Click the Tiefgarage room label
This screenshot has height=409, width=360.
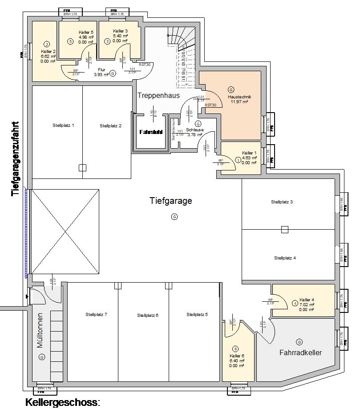tap(170, 201)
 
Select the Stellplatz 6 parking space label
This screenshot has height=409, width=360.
tap(148, 315)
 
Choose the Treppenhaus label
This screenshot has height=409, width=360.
tap(158, 95)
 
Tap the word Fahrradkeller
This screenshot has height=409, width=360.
tap(300, 352)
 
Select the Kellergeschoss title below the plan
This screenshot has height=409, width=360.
tap(62, 403)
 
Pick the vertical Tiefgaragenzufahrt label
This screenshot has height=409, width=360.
tap(16, 159)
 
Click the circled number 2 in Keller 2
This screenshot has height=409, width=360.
tap(46, 44)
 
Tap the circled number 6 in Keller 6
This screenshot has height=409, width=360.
tap(235, 348)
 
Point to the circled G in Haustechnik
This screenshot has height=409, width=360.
tap(231, 89)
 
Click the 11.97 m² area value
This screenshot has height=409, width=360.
tap(239, 101)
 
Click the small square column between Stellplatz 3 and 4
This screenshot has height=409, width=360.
tap(285, 230)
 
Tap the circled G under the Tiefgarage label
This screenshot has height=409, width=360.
tap(174, 217)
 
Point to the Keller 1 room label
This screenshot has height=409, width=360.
tap(250, 153)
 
